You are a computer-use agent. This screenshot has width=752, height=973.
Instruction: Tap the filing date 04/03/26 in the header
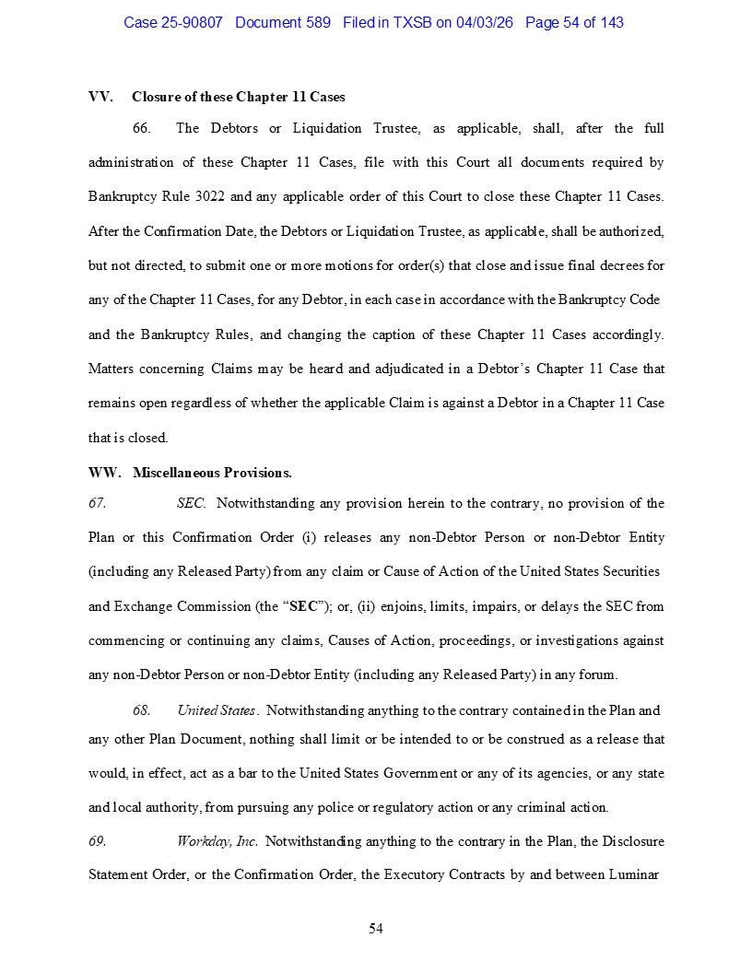[x=486, y=22]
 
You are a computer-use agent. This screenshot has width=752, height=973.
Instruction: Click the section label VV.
[x=100, y=97]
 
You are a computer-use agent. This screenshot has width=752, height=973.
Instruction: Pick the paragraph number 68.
[x=141, y=710]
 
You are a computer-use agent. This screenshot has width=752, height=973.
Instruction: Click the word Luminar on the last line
[x=634, y=874]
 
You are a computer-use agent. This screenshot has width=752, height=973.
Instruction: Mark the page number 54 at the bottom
[x=376, y=928]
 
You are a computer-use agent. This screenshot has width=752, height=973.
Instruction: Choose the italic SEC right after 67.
[x=191, y=503]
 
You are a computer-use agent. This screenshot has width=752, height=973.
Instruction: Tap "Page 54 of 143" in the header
[x=574, y=22]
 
